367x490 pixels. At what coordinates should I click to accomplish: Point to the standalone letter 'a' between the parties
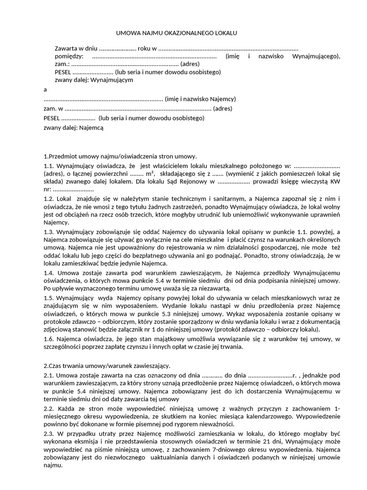point(45,89)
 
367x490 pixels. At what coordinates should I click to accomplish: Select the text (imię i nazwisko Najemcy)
point(200,99)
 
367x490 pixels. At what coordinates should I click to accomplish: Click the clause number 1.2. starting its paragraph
point(50,199)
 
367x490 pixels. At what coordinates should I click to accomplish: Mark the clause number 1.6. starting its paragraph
point(50,339)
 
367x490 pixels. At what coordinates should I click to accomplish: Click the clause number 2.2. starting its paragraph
point(50,409)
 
